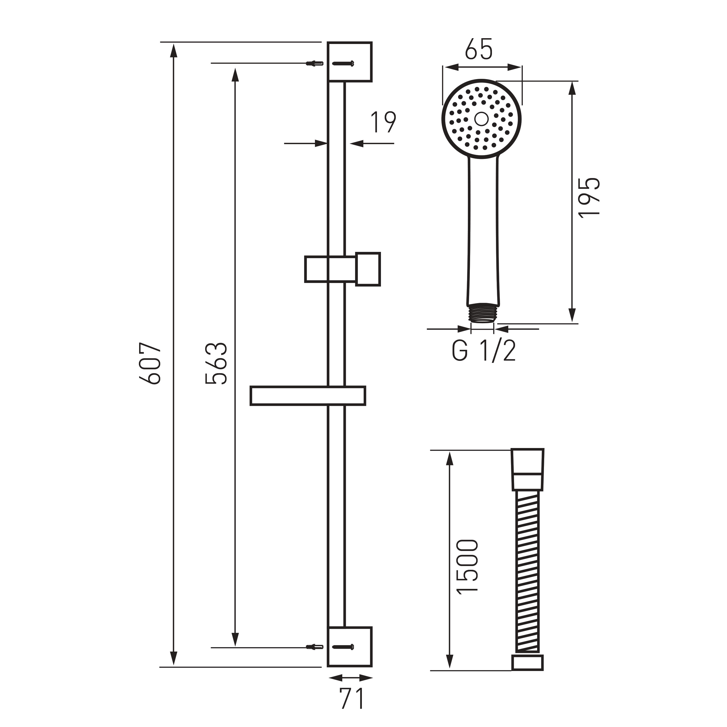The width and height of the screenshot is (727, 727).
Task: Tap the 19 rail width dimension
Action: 383,122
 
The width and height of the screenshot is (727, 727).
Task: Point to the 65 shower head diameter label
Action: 479,49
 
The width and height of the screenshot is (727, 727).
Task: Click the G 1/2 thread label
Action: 484,351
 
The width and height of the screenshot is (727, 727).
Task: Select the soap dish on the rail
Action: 308,396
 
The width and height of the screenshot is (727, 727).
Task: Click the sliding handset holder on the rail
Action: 343,269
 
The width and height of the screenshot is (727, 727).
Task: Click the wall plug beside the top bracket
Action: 315,63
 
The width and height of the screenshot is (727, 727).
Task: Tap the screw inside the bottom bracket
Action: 343,647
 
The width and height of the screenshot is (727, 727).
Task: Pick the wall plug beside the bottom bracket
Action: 315,647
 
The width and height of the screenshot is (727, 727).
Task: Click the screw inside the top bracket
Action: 343,63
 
